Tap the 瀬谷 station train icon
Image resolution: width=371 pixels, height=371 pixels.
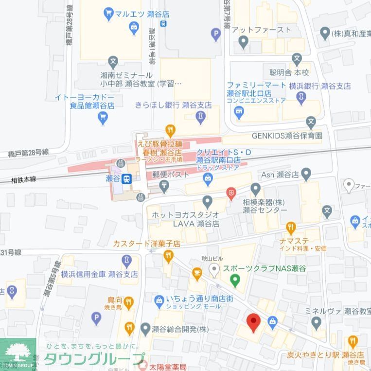(126, 179)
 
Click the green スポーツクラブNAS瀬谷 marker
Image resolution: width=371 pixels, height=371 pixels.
(235, 280)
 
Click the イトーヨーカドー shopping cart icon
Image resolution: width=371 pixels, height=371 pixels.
(103, 117)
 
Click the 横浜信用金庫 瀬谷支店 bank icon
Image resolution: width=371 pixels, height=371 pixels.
(127, 261)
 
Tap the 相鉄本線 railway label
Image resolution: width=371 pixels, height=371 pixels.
(24, 180)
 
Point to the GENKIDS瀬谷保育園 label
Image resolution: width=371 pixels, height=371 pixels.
(287, 136)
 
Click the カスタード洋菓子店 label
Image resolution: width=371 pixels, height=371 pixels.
(147, 243)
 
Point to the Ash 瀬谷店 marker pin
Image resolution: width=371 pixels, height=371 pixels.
(306, 173)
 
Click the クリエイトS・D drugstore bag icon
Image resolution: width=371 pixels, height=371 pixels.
(208, 179)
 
